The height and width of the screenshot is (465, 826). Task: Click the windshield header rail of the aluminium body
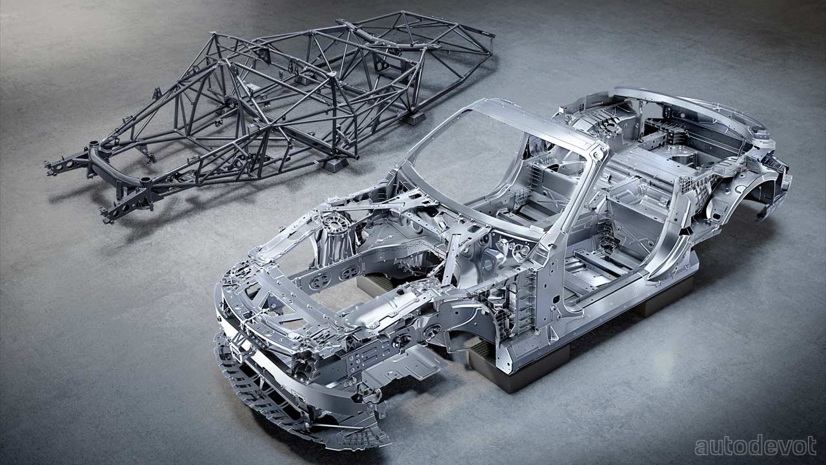538,123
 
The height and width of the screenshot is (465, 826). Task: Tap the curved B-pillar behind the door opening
667,236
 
